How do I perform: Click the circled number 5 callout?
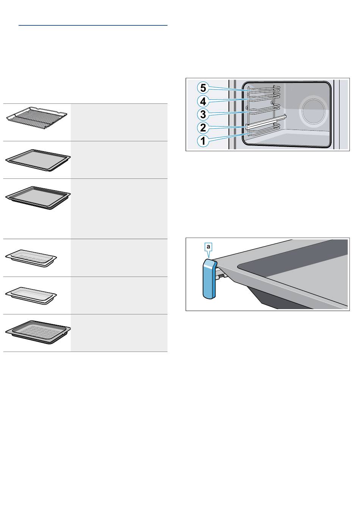203,88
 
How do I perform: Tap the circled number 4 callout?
203,101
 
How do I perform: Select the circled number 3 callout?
203,114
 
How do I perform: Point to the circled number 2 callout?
203,128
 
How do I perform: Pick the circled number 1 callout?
203,141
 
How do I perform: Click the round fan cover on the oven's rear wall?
313,111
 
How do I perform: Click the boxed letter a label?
208,247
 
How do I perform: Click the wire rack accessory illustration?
37,118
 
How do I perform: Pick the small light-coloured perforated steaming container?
31,258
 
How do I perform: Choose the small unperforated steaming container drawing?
31,296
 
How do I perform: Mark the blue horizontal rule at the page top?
93,25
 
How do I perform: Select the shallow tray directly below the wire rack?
38,160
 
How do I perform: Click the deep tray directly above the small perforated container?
38,198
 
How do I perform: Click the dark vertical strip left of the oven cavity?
235,115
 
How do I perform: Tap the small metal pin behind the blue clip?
221,276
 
